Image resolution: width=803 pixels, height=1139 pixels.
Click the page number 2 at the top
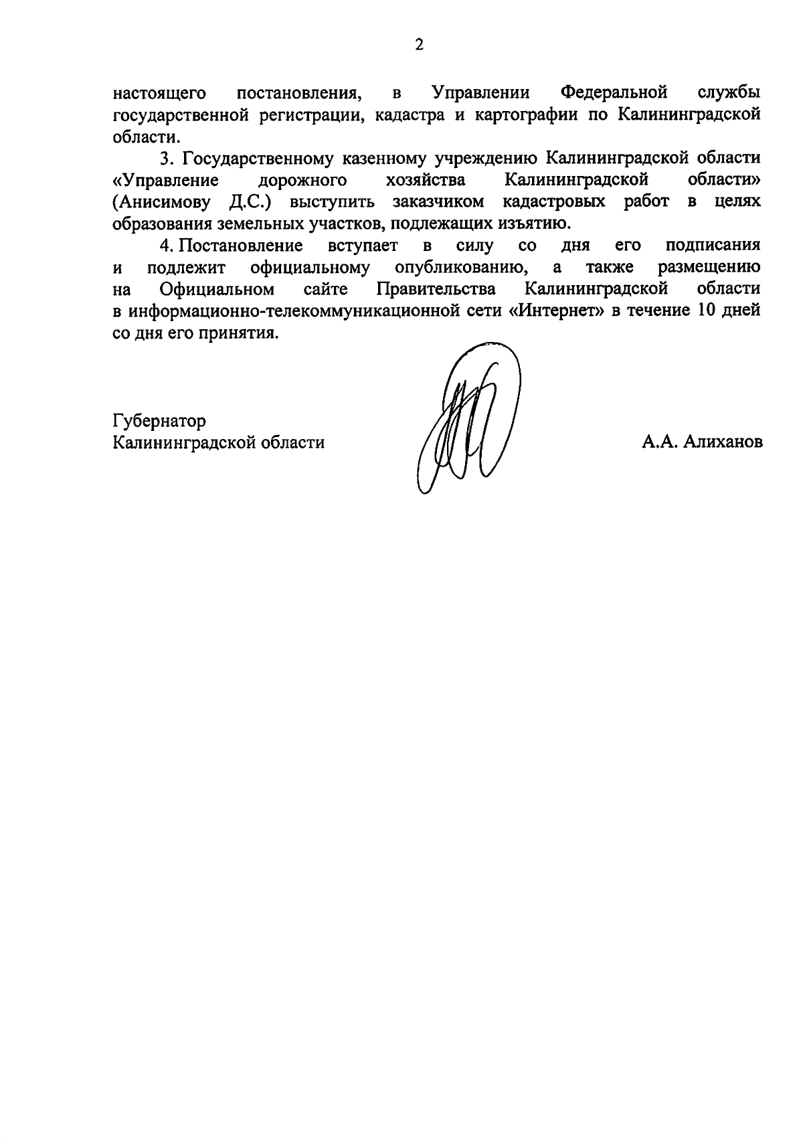(x=419, y=45)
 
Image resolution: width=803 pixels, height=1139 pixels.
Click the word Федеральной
(x=614, y=92)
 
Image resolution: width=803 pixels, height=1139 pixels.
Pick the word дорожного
(x=302, y=181)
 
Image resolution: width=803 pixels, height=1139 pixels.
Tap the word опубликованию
(x=460, y=268)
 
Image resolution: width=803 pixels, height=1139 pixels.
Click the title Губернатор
(x=159, y=421)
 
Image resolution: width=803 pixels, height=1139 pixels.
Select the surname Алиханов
(x=723, y=443)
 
